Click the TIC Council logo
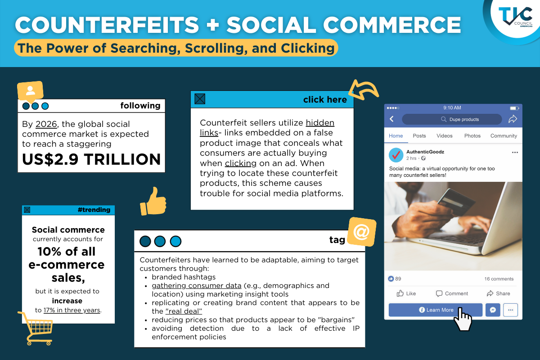(515, 17)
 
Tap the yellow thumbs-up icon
(153, 202)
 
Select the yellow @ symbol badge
(362, 232)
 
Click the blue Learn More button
(436, 310)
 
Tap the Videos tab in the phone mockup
(444, 136)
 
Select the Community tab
(504, 136)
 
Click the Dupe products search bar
(452, 119)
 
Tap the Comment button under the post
(452, 293)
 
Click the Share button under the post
(498, 293)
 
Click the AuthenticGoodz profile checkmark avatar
(396, 155)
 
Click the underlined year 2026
(46, 124)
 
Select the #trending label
(94, 210)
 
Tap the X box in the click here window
(200, 99)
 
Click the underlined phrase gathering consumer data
(197, 286)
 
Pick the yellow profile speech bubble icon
(31, 92)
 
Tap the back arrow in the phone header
(392, 119)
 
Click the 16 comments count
(499, 279)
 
